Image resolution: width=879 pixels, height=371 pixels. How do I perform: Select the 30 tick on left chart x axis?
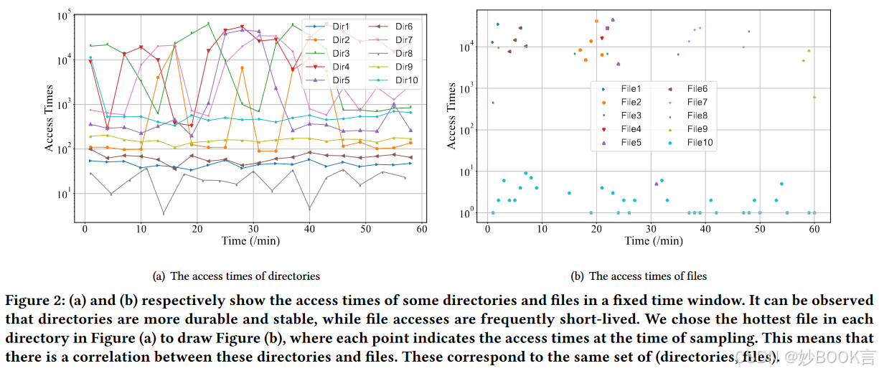(253, 228)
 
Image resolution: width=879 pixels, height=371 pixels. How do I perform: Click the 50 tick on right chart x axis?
(760, 228)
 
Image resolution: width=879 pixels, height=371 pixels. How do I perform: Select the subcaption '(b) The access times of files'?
(638, 276)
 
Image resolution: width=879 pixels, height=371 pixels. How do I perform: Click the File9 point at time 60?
(814, 97)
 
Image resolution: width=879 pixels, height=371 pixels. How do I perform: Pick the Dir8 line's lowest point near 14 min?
(164, 214)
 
